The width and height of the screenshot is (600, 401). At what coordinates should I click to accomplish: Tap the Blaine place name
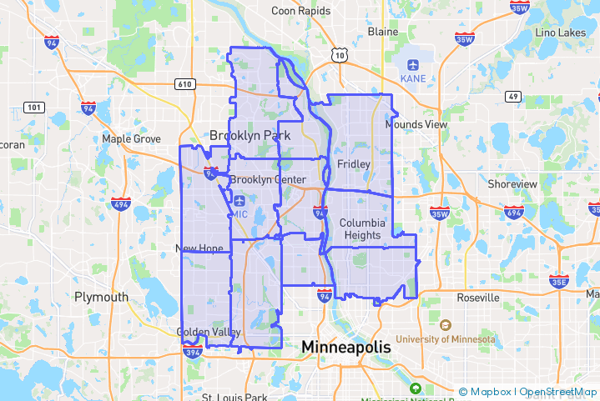coord(383,32)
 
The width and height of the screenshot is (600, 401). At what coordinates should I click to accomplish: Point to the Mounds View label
coord(416,124)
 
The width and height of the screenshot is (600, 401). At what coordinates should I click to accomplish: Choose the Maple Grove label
coord(130,138)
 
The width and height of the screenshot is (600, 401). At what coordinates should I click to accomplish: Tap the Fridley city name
coord(353,164)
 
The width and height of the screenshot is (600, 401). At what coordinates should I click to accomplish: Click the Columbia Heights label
coord(362,228)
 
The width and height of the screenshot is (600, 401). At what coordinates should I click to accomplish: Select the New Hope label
coord(199,248)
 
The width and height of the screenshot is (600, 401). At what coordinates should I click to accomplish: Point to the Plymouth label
coord(101,296)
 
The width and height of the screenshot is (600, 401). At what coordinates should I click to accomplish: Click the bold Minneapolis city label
coord(345,346)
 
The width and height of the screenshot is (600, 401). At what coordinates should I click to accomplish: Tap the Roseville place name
coord(477,297)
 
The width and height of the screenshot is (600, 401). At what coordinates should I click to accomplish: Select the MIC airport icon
coord(240,200)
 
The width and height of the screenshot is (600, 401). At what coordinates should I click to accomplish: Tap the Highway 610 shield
coord(184,83)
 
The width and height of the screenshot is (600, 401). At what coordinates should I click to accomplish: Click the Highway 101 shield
coord(34,107)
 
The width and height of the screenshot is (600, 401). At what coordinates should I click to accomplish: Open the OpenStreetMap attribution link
coord(557,392)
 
